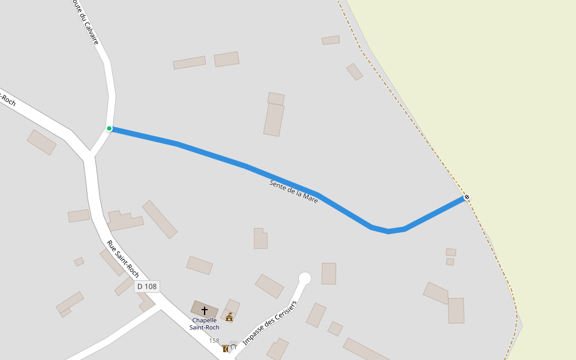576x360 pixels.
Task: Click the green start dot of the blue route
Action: tap(109, 128)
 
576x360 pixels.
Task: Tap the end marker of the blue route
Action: tap(467, 197)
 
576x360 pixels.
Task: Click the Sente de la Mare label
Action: tap(294, 191)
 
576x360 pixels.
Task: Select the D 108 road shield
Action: tap(146, 286)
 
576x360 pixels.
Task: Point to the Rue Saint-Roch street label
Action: tap(123, 259)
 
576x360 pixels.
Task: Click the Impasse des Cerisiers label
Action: tap(269, 323)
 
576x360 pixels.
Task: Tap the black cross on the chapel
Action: tap(205, 310)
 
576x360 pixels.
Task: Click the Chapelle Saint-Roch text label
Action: tap(205, 324)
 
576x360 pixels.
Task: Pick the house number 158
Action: tap(214, 341)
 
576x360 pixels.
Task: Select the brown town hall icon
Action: tap(229, 317)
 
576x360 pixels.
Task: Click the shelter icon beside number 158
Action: tap(233, 346)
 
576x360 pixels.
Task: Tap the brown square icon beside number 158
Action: tap(225, 349)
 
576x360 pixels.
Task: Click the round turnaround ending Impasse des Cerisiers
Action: tap(305, 278)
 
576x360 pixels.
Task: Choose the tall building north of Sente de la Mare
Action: tap(274, 119)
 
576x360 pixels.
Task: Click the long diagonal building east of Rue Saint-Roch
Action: tap(160, 219)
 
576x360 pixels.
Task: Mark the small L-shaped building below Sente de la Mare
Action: tap(260, 239)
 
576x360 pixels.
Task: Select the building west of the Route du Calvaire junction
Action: tap(41, 142)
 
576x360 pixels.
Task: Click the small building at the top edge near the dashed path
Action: tap(331, 40)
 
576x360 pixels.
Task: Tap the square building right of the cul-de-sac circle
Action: tap(329, 274)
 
